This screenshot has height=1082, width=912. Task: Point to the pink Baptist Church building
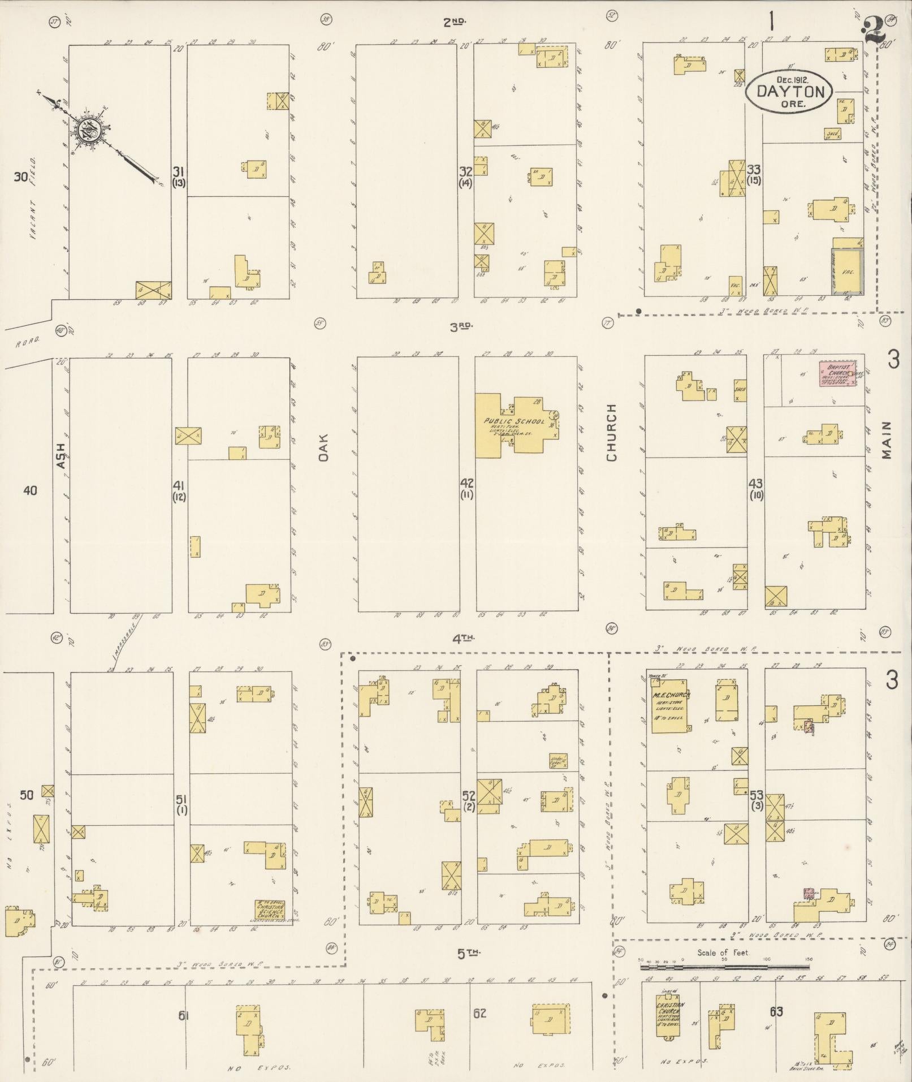837,374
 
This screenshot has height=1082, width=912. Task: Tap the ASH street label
61,455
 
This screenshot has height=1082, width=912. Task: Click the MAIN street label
885,439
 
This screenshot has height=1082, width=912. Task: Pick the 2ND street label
454,22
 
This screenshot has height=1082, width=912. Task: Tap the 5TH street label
469,954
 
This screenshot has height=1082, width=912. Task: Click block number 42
467,484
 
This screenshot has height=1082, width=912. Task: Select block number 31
179,171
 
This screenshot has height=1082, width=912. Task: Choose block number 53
757,795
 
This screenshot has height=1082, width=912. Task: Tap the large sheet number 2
875,28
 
